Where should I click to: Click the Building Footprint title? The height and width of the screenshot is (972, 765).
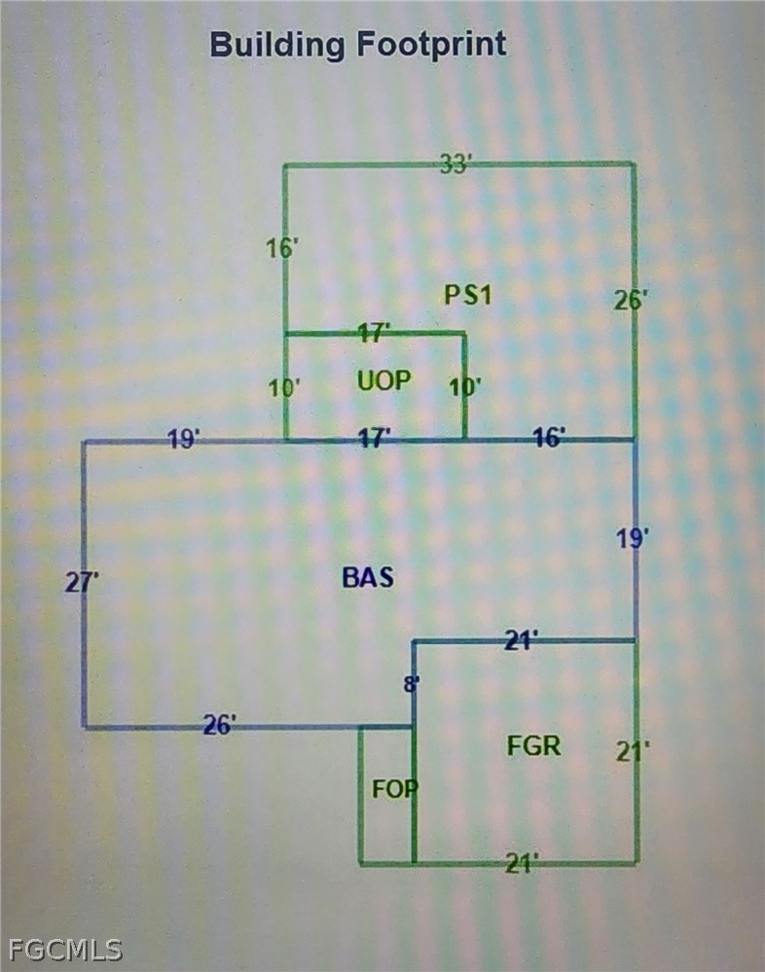point(358,45)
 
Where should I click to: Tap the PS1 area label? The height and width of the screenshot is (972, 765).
point(468,294)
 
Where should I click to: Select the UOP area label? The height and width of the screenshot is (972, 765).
point(384,380)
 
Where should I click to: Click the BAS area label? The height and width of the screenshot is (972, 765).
point(368,577)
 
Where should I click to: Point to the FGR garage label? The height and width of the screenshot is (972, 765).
point(534,746)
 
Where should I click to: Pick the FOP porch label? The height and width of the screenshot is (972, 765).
point(394,788)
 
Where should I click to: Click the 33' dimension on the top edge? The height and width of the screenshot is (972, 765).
point(455,164)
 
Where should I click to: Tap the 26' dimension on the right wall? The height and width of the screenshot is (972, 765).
point(629,300)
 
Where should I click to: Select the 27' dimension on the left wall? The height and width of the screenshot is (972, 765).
point(83,583)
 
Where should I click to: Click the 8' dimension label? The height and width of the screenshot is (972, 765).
point(412,684)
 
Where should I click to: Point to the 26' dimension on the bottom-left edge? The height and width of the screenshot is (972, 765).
point(220,725)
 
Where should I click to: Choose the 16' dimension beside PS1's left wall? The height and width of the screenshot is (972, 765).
point(282,249)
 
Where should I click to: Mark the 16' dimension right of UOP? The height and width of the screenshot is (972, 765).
point(549,438)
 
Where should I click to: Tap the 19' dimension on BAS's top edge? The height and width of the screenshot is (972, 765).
point(184,440)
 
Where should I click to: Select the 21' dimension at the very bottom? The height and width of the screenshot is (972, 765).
point(522,862)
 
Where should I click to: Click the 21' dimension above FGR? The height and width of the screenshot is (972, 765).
point(522,639)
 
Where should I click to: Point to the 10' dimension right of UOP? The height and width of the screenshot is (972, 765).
point(465,386)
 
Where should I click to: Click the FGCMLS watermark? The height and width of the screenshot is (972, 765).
point(64,949)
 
